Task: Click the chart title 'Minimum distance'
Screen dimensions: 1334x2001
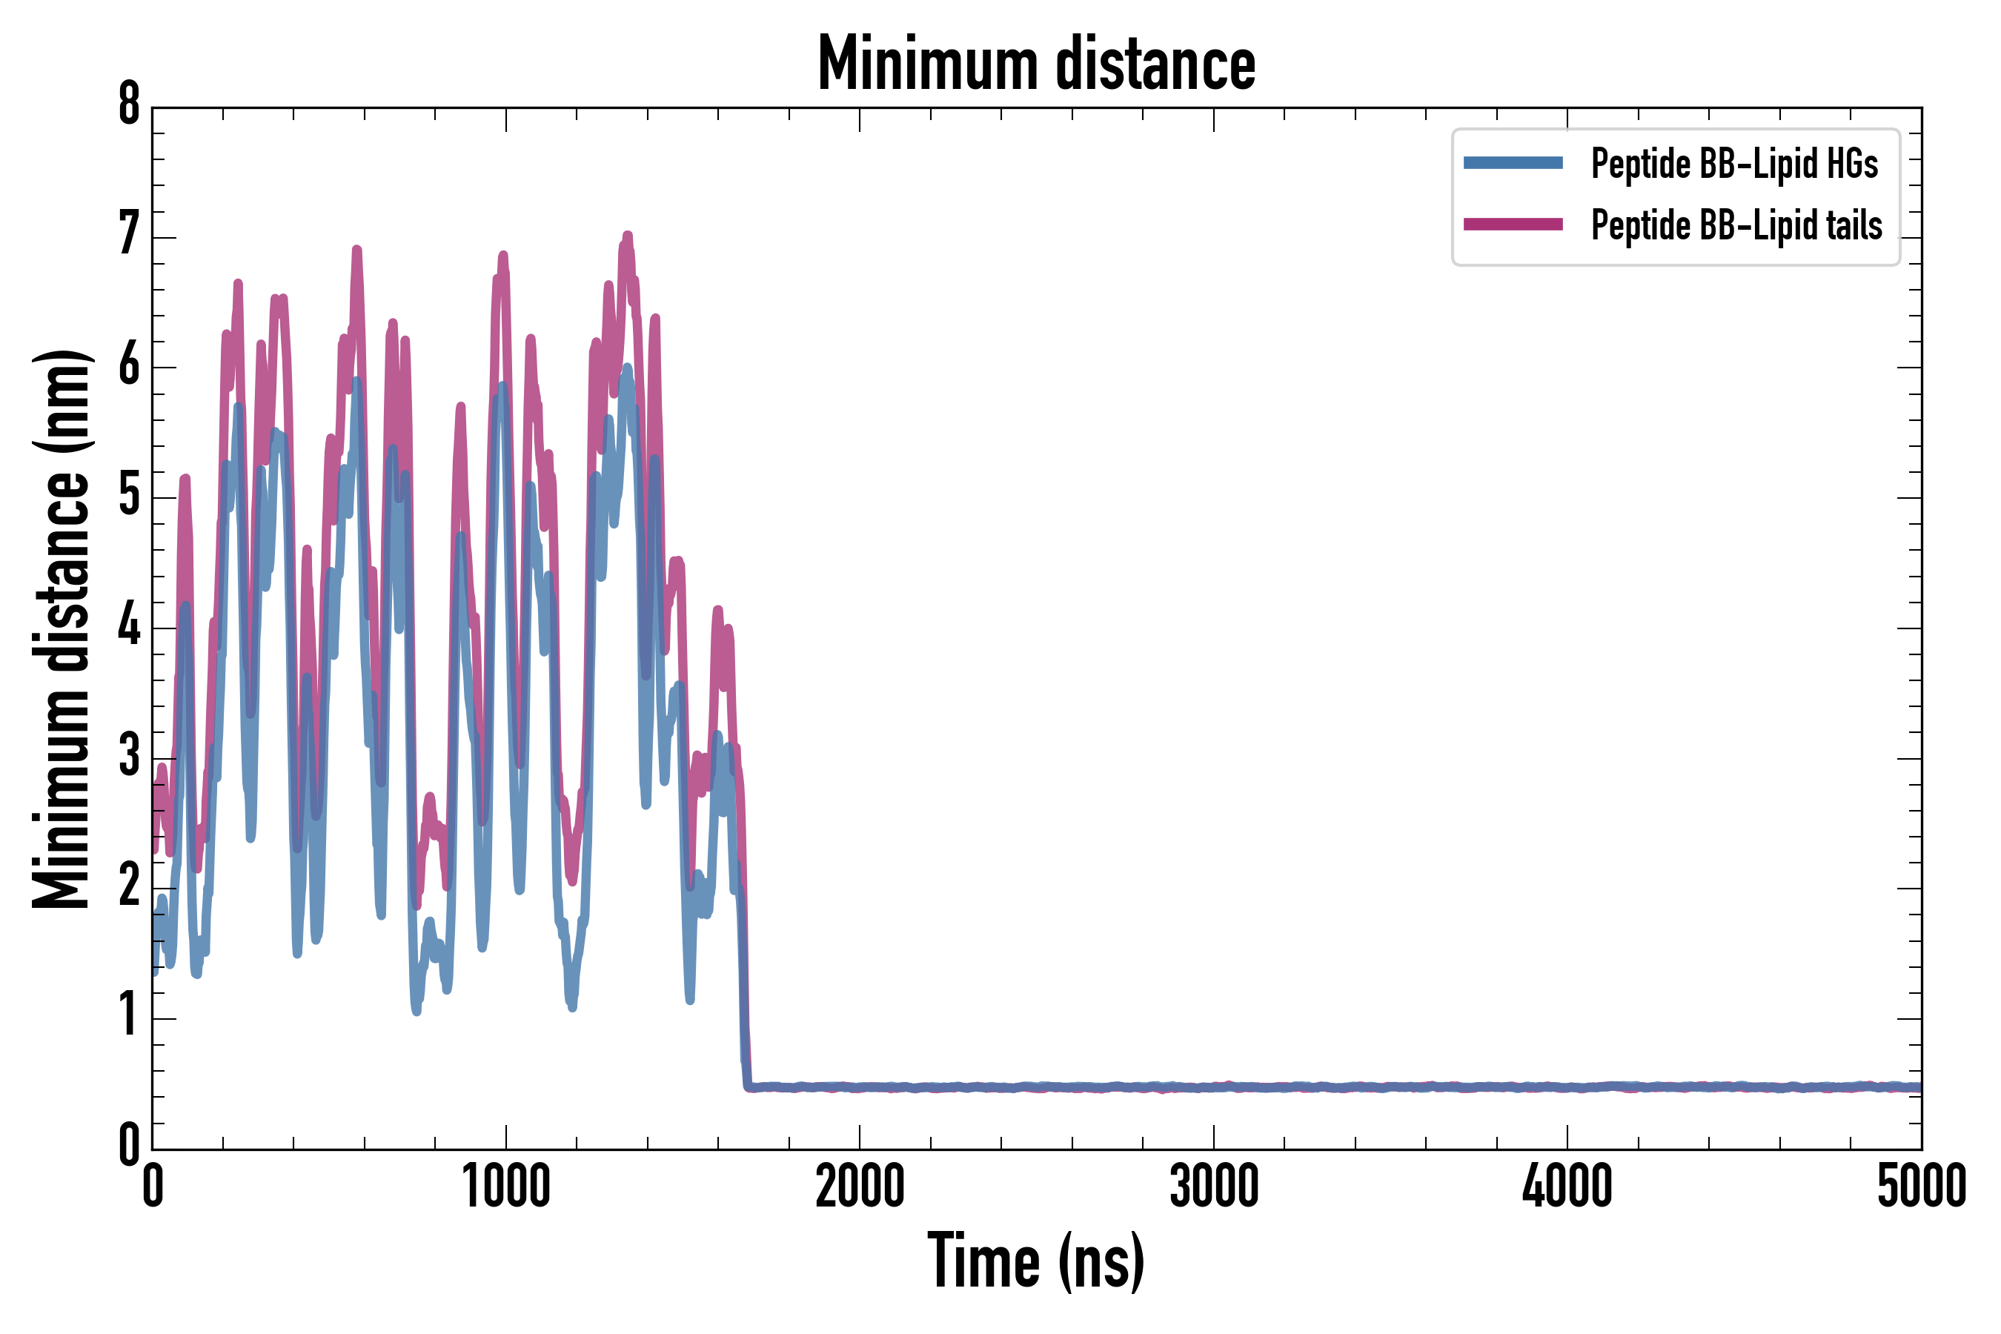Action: [x=1035, y=64]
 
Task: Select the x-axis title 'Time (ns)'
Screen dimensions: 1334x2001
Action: [x=1035, y=1261]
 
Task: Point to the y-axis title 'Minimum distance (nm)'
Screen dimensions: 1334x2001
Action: [x=62, y=628]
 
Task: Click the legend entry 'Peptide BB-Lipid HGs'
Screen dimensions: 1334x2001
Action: [x=1734, y=163]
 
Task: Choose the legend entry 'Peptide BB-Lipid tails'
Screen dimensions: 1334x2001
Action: [x=1736, y=225]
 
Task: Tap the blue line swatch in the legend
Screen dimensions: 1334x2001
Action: [x=1513, y=163]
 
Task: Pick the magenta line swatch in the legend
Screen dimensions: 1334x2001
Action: [x=1513, y=225]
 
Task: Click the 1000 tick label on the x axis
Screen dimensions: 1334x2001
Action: [x=506, y=1187]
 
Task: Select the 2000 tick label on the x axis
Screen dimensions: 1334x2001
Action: [x=859, y=1187]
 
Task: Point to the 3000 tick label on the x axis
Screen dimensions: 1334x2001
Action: [x=1213, y=1187]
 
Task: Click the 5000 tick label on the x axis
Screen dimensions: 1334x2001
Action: [x=1921, y=1187]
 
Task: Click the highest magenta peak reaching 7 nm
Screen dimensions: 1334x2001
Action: [x=628, y=236]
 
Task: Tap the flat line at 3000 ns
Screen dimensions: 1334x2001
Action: [x=1213, y=1087]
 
